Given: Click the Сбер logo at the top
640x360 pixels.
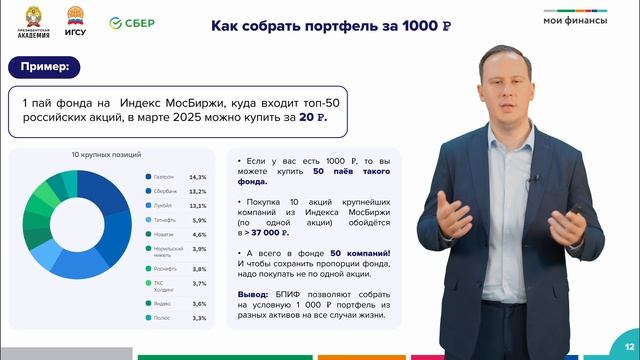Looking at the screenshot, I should coord(130,21).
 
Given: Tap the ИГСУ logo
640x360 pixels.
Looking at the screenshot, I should coord(75,21).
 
